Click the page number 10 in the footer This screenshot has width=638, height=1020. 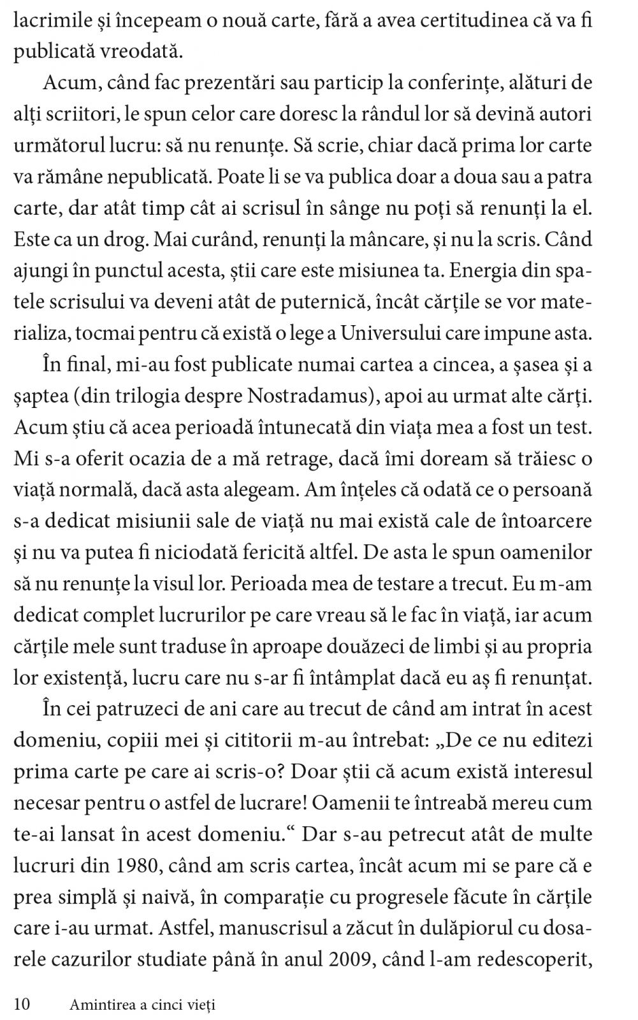pyautogui.click(x=22, y=1005)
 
